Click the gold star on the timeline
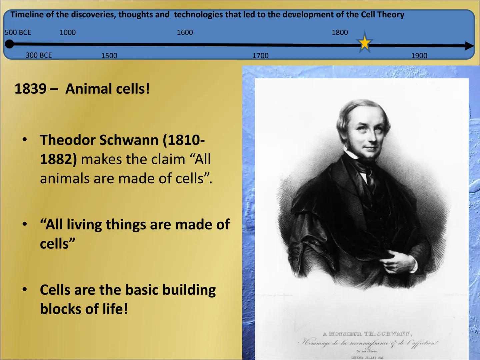(x=365, y=43)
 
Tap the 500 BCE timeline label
(x=18, y=32)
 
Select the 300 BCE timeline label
(x=39, y=55)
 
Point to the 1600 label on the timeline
(x=185, y=32)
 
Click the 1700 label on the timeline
(x=260, y=55)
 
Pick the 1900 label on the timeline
(x=419, y=55)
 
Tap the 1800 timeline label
(x=340, y=32)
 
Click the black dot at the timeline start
(x=10, y=44)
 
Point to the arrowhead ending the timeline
(x=469, y=46)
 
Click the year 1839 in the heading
(x=30, y=89)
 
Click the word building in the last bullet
(x=189, y=290)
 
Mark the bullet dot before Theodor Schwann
(x=24, y=140)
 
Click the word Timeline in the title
(x=26, y=15)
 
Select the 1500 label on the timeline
(x=109, y=56)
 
